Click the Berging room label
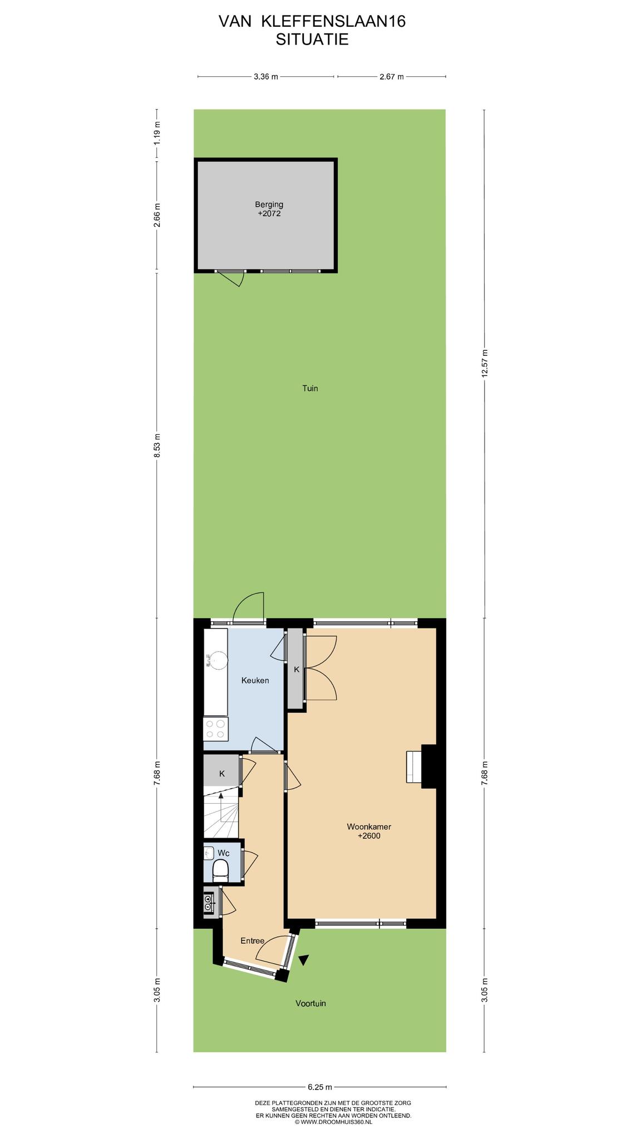pyautogui.click(x=269, y=205)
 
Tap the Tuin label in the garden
pyautogui.click(x=310, y=388)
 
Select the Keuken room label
pyautogui.click(x=255, y=680)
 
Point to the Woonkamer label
pyautogui.click(x=369, y=826)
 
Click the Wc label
pyautogui.click(x=223, y=853)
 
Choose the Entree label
pyautogui.click(x=252, y=941)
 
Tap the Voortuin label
pyautogui.click(x=310, y=1003)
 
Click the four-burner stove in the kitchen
pyautogui.click(x=215, y=729)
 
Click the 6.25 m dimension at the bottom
pyautogui.click(x=320, y=1087)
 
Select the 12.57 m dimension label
pyautogui.click(x=485, y=363)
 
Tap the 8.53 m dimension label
pyautogui.click(x=157, y=445)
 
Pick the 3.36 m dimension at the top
pyautogui.click(x=265, y=77)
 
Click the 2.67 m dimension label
pyautogui.click(x=391, y=77)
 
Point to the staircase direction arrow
pyautogui.click(x=221, y=806)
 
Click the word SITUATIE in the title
pyautogui.click(x=312, y=39)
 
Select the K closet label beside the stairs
pyautogui.click(x=222, y=774)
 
